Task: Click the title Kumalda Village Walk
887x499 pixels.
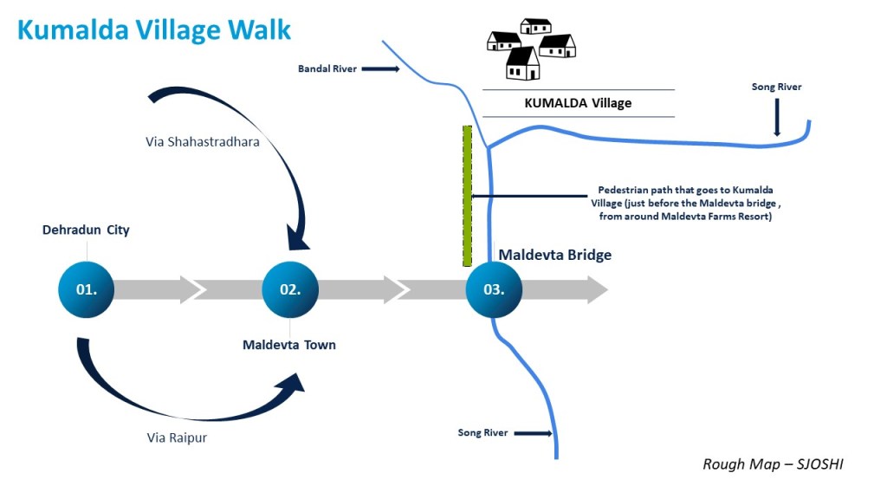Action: [154, 29]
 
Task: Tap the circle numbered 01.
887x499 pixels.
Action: [86, 289]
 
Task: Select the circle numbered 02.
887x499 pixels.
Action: [290, 289]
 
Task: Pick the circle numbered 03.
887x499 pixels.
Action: [494, 289]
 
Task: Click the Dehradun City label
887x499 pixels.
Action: [86, 230]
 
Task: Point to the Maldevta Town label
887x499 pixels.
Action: [289, 345]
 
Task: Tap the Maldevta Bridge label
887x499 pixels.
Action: [554, 255]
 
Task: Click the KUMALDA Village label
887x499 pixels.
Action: [578, 103]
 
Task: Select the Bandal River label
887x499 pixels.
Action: [327, 68]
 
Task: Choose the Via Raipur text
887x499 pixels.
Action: [177, 437]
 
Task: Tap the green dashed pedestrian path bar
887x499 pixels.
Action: [467, 195]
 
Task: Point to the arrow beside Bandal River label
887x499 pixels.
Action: [379, 68]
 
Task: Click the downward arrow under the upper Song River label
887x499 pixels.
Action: [776, 117]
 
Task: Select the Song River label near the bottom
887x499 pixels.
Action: [482, 432]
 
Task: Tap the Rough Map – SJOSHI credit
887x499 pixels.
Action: [773, 464]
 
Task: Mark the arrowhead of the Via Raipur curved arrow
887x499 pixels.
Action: [295, 383]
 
